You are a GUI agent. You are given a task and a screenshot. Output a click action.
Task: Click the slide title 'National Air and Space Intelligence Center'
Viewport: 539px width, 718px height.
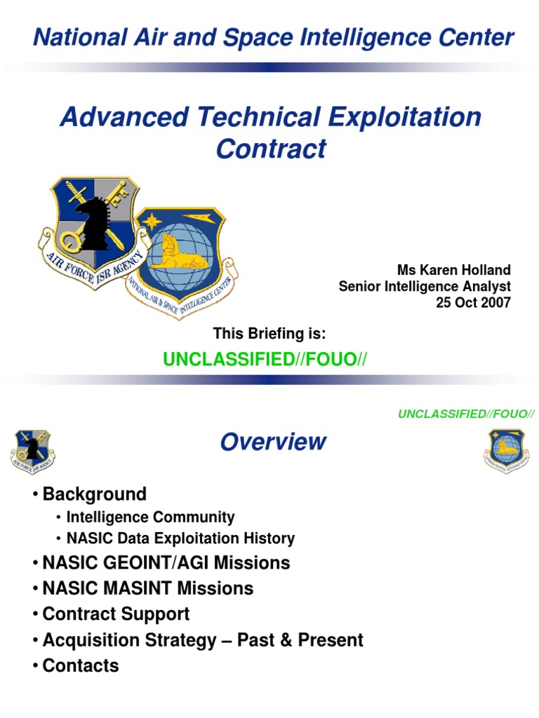click(x=274, y=38)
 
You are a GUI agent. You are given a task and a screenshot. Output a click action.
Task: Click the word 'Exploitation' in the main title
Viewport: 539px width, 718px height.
click(x=406, y=116)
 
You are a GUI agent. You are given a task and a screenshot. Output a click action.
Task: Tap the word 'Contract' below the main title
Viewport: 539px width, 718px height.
click(x=271, y=149)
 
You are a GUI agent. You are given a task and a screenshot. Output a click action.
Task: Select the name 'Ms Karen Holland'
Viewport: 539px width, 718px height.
click(x=455, y=270)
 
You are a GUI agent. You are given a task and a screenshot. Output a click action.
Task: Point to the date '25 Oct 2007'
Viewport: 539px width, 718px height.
click(x=475, y=302)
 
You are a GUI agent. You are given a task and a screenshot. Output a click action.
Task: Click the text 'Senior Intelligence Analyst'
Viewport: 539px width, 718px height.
click(x=425, y=286)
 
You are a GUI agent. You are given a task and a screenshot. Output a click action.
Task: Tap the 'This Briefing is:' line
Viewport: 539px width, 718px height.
click(x=269, y=334)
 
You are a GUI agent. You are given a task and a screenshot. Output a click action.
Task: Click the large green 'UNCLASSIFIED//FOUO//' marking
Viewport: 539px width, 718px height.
click(x=265, y=360)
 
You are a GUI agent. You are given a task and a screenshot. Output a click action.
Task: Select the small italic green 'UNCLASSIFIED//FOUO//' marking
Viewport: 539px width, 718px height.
click(x=466, y=414)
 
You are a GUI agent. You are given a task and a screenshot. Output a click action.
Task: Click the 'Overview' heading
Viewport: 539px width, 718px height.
click(x=273, y=442)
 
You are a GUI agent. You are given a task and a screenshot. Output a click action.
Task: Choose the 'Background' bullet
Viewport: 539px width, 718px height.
click(x=94, y=494)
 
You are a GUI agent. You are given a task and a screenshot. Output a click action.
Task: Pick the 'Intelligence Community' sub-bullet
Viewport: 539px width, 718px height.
click(x=150, y=517)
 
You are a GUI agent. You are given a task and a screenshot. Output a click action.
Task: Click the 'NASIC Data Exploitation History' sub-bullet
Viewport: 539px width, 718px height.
click(x=180, y=538)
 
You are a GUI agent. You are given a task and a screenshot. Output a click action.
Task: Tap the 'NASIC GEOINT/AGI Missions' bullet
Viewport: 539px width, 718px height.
click(x=166, y=562)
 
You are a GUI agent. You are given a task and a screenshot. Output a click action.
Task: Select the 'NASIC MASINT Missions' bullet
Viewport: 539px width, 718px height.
click(x=147, y=588)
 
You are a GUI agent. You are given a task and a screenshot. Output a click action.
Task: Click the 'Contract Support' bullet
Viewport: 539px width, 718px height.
click(x=116, y=614)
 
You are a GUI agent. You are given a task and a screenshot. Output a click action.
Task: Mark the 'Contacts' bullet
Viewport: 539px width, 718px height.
click(x=81, y=665)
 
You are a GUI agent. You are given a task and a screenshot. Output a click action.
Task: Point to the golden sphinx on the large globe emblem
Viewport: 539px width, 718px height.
click(x=175, y=254)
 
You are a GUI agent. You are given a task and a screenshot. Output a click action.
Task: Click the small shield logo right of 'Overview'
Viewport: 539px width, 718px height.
click(x=505, y=450)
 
